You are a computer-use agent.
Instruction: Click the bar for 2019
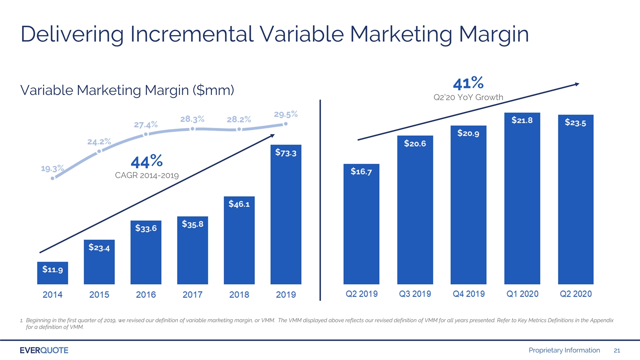tap(286, 214)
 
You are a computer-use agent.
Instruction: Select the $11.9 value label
tap(52, 269)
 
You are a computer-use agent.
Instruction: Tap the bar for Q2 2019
tap(361, 224)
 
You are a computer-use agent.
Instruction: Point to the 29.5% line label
tap(286, 114)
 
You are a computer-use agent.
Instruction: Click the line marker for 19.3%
tap(52, 178)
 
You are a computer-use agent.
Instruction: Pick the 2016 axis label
tap(146, 295)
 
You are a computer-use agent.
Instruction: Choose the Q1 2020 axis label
tap(522, 294)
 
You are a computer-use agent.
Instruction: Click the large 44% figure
tap(147, 161)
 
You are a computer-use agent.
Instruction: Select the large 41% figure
tap(468, 83)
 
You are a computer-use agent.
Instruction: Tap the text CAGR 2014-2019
tap(147, 175)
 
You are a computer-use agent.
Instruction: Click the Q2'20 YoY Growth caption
tap(468, 97)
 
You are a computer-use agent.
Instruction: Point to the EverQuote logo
tap(44, 350)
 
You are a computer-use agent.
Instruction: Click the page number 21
tap(617, 350)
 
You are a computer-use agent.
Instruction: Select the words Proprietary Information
tap(564, 350)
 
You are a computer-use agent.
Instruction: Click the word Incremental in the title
tap(192, 34)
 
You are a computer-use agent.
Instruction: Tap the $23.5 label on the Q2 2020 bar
tap(575, 122)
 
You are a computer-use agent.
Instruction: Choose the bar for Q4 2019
tap(469, 205)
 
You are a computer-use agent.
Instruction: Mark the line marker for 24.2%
tap(99, 151)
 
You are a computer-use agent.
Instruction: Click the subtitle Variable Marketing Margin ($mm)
tap(127, 90)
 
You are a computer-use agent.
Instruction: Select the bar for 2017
tap(192, 250)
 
